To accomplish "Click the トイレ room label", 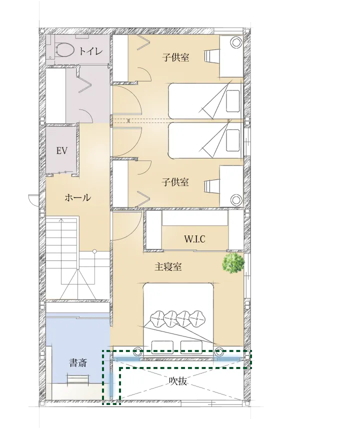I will (91, 50).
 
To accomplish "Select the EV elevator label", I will (62, 150).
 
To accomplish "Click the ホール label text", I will (77, 197).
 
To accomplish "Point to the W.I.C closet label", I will (194, 239).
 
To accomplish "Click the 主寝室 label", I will (167, 266).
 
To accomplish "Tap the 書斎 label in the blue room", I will (77, 363).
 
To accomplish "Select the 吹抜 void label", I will (177, 381).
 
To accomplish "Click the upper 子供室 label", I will (175, 57).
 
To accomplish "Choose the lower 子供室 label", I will (175, 182).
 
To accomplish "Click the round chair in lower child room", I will (235, 199).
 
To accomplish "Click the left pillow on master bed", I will (161, 346).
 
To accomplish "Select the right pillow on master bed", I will (191, 346).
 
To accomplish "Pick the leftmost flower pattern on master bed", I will (156, 317).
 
